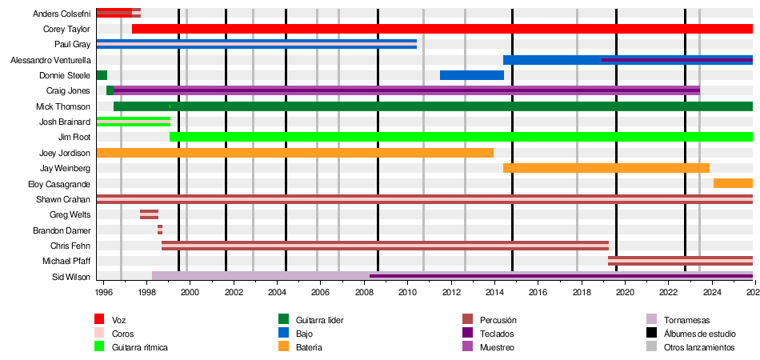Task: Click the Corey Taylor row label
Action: [x=66, y=29]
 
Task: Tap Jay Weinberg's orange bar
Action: [x=606, y=168]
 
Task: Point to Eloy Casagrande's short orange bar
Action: [x=732, y=184]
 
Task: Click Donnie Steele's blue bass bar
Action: [x=471, y=75]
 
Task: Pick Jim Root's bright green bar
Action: [x=460, y=137]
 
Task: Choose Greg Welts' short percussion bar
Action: [x=149, y=214]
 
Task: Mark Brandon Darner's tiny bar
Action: [x=160, y=230]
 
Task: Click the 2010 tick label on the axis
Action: [x=407, y=293]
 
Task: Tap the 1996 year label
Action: [x=104, y=293]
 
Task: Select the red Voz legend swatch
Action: [x=100, y=320]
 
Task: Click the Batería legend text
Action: [x=309, y=347]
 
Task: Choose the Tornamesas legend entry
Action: [x=686, y=320]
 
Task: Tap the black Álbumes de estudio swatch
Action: [x=652, y=334]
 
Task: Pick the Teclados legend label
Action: [x=497, y=334]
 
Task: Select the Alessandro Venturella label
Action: [x=50, y=60]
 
